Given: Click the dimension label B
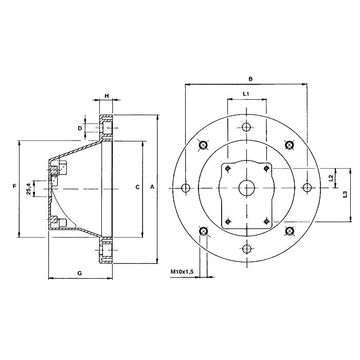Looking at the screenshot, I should pyautogui.click(x=250, y=79).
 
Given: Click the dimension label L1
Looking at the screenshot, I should pyautogui.click(x=246, y=94).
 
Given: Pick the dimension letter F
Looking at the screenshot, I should pyautogui.click(x=14, y=186).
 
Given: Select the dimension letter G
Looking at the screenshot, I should pyautogui.click(x=79, y=273).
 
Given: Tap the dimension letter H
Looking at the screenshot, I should pyautogui.click(x=106, y=96).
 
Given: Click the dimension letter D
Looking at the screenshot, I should pyautogui.click(x=80, y=128).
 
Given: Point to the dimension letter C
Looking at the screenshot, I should pyautogui.click(x=137, y=187).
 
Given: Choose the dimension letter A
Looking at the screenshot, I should pyautogui.click(x=152, y=187).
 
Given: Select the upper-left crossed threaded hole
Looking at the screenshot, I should pyautogui.click(x=204, y=145).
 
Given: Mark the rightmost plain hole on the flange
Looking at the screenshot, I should pyautogui.click(x=308, y=188).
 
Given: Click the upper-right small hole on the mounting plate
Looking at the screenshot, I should pyautogui.click(x=266, y=168).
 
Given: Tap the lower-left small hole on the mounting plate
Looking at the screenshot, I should pyautogui.click(x=227, y=222).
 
